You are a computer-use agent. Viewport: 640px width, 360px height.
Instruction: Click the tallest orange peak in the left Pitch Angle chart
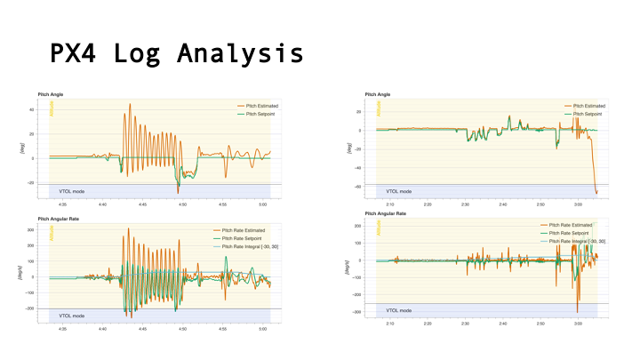(130, 104)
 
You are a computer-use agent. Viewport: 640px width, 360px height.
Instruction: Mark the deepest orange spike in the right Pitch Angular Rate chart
(577, 310)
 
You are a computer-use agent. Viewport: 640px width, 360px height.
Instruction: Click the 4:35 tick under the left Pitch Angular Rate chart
(61, 328)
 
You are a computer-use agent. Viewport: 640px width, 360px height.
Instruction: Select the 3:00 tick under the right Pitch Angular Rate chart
(578, 324)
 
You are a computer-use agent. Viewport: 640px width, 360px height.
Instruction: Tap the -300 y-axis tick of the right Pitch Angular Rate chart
(356, 312)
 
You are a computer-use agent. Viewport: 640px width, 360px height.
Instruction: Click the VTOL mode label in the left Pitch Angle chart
(73, 190)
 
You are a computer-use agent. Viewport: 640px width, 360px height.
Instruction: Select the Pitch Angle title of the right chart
(377, 94)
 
